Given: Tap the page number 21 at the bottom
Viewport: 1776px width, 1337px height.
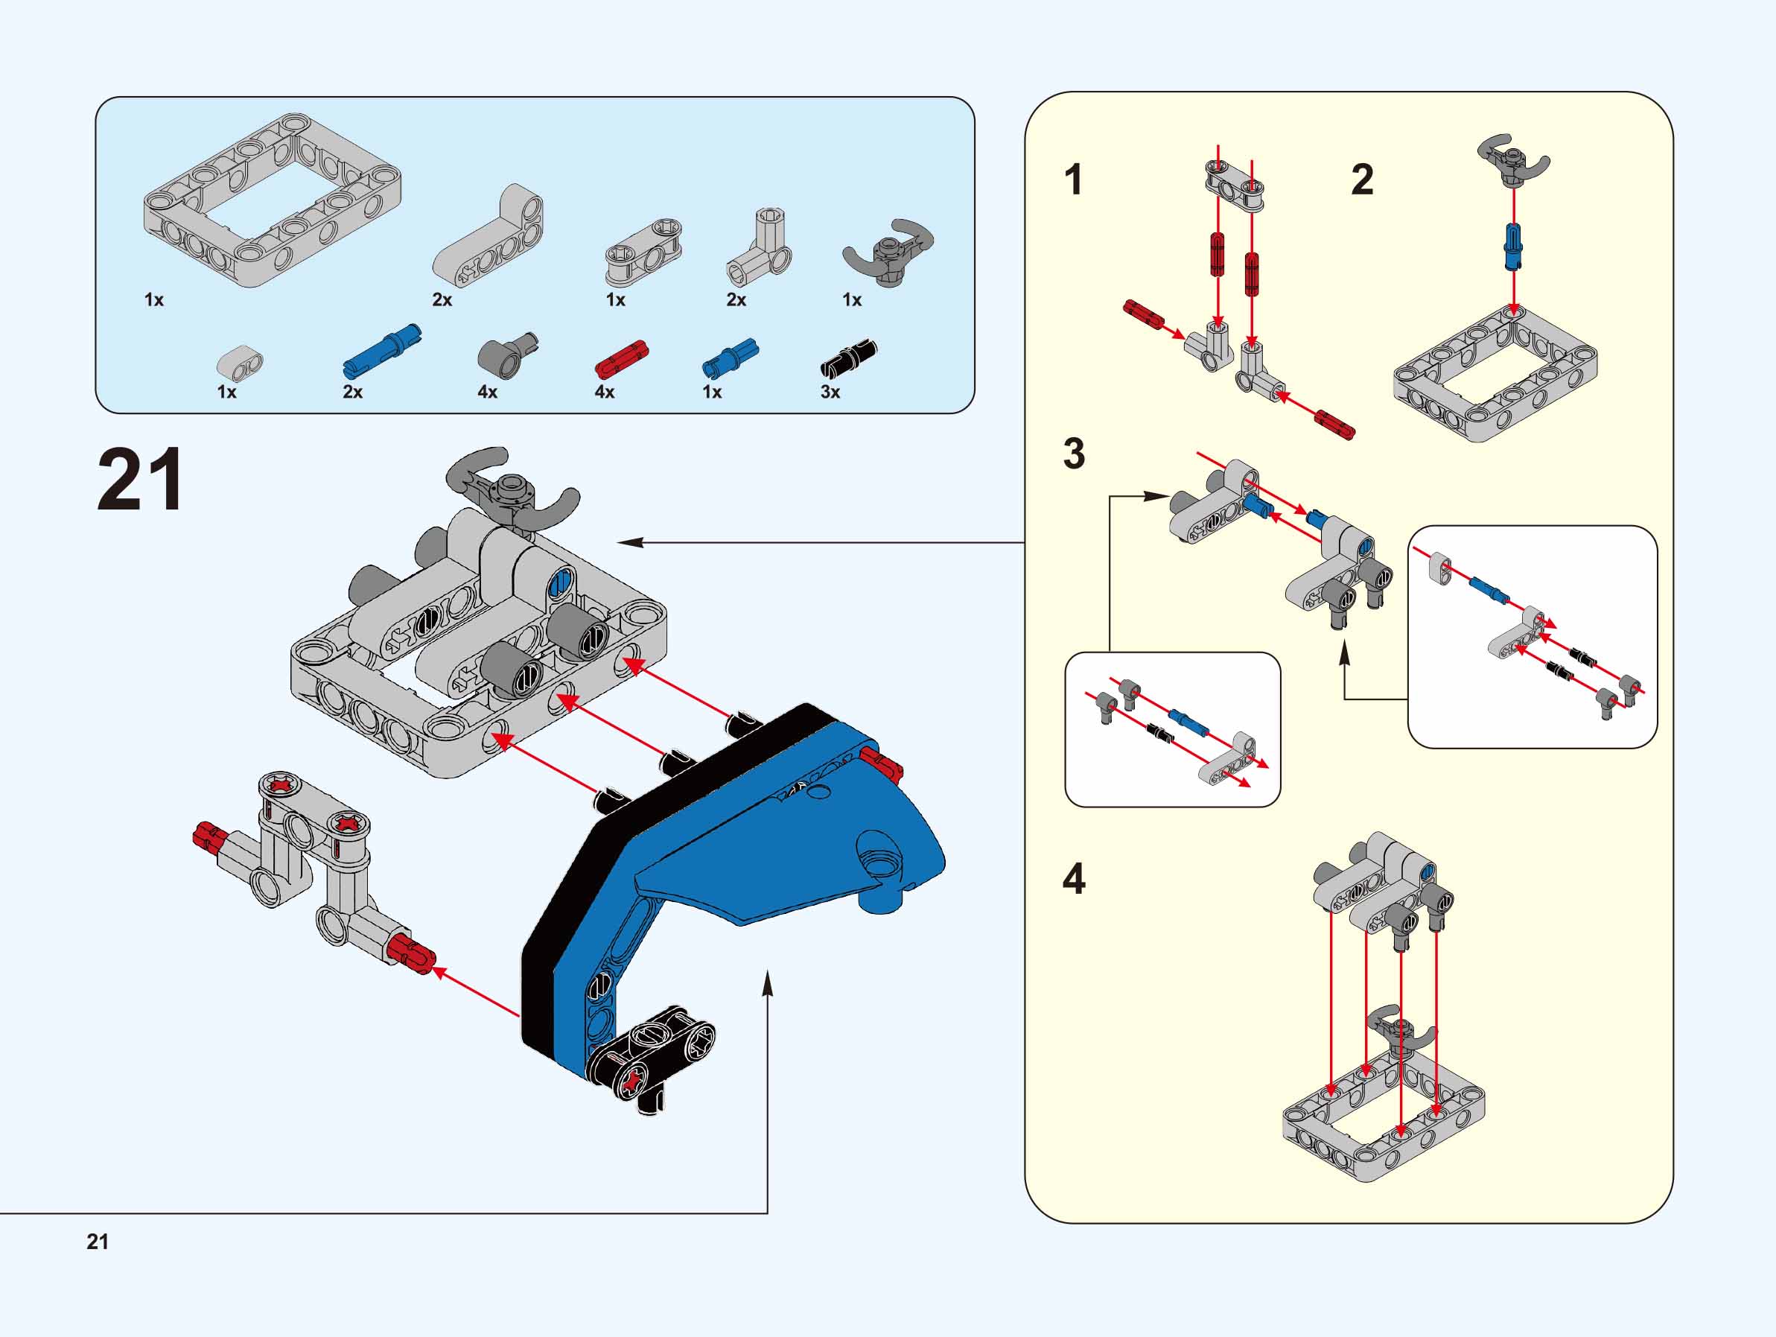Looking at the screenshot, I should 97,1242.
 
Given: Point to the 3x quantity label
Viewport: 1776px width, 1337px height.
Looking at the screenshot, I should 830,392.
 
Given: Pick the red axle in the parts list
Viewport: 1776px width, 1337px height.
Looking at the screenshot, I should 622,358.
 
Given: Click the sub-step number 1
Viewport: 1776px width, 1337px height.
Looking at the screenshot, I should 1074,180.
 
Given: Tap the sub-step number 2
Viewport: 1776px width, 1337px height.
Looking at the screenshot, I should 1363,180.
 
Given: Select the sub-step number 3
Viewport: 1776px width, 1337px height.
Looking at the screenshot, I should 1075,454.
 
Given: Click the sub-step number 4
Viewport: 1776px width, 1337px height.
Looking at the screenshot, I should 1075,879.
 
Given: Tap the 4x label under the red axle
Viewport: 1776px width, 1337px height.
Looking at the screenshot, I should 604,392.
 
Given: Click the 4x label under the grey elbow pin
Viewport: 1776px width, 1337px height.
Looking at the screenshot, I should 487,392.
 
